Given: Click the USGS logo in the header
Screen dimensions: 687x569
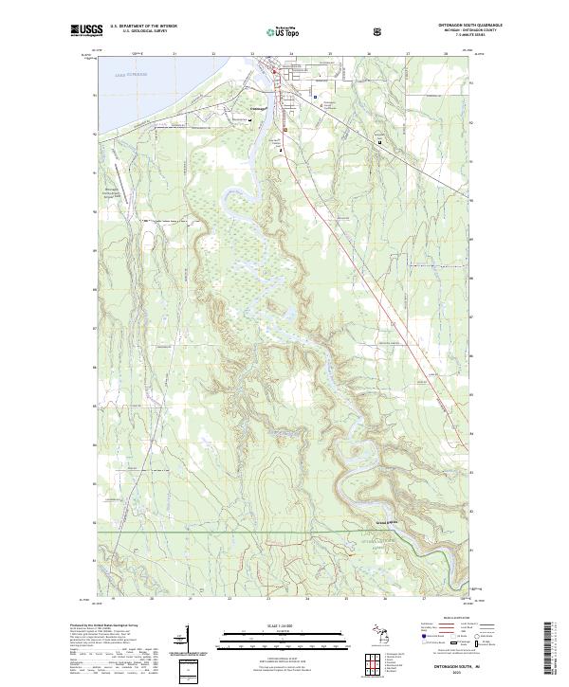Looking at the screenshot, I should [x=86, y=31].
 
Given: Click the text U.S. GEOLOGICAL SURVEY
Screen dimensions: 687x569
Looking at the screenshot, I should [x=140, y=31].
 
